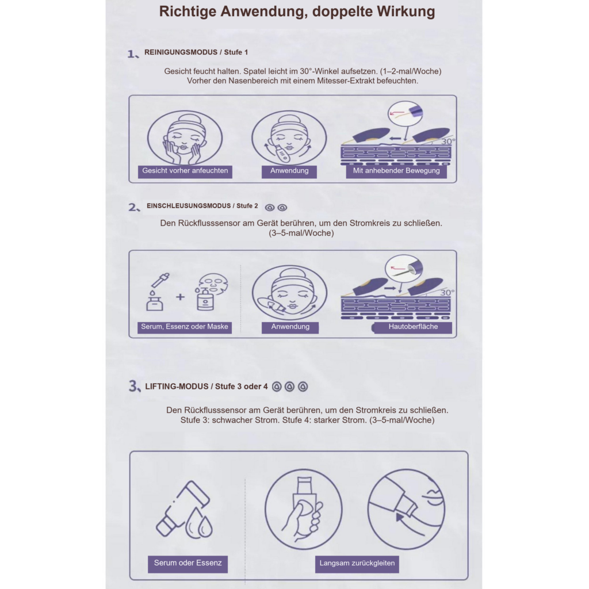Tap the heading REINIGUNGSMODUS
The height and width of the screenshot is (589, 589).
click(181, 52)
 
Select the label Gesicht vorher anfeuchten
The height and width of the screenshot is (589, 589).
click(185, 171)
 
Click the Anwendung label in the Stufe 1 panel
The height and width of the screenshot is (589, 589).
click(289, 171)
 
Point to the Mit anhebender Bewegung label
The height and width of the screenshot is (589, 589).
click(396, 171)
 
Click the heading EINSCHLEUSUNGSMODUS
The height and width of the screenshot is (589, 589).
click(189, 206)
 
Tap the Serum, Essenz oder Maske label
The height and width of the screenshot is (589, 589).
click(185, 327)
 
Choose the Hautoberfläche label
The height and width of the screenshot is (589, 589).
click(413, 327)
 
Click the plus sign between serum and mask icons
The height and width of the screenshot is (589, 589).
click(180, 297)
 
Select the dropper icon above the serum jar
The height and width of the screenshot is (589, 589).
click(160, 280)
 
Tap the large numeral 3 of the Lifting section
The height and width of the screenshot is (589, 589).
click(133, 386)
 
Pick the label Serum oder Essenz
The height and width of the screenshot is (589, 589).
click(188, 563)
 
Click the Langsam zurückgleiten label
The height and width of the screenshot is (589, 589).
click(357, 563)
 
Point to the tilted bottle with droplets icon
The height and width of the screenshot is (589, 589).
click(184, 510)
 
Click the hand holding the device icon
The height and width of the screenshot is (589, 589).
click(304, 510)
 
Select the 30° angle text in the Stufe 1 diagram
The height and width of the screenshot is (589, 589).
click(449, 141)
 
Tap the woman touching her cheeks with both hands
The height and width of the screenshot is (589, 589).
click(185, 138)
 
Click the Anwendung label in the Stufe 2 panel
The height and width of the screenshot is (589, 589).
click(290, 327)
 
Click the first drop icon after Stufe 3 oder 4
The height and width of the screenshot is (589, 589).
click(277, 387)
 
